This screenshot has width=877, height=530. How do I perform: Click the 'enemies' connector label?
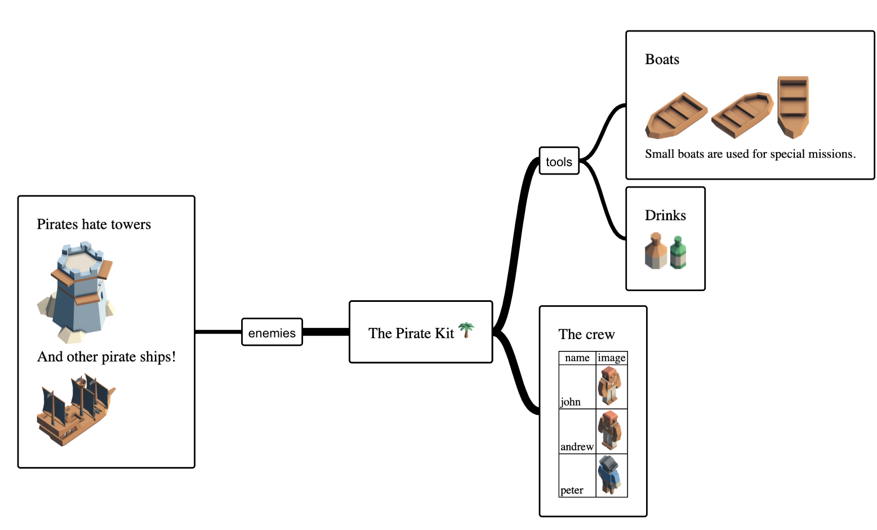(272, 332)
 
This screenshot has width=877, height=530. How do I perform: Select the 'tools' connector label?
(559, 162)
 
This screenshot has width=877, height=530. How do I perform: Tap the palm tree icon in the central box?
(466, 330)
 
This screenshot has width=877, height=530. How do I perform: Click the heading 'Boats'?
(662, 60)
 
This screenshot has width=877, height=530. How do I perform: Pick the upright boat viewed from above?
(793, 107)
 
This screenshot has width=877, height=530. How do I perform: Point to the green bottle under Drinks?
(678, 253)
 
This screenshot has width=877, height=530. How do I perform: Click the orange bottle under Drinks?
(656, 251)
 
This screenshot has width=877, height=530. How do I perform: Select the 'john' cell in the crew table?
(571, 402)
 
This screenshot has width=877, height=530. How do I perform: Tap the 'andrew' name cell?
(577, 447)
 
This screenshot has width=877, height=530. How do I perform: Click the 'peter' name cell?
(572, 490)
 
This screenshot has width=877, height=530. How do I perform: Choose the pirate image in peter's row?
(610, 475)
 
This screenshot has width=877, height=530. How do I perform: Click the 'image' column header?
(612, 358)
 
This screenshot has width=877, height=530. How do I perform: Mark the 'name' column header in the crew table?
(577, 358)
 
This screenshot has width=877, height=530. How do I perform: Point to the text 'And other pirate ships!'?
(106, 357)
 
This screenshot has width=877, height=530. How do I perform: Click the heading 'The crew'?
(586, 335)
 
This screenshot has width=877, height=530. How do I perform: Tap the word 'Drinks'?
(665, 216)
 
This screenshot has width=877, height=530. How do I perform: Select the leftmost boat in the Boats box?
(675, 115)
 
